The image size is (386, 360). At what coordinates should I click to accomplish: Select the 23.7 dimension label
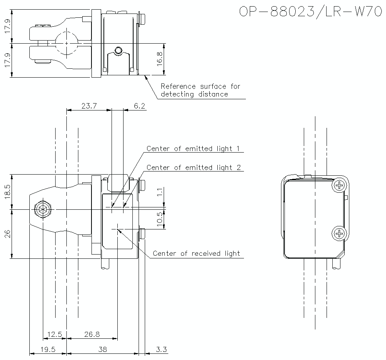click(89, 106)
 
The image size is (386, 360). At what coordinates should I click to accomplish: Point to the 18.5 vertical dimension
click(8, 192)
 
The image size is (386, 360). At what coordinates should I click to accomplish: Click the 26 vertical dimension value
click(8, 234)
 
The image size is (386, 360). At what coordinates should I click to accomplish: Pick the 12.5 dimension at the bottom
click(54, 335)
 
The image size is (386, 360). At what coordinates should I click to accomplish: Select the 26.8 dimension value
click(92, 335)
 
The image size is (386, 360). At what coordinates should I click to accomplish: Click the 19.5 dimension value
click(48, 350)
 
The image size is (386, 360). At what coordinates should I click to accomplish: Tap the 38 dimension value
click(102, 350)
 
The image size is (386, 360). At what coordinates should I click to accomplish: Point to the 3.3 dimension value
click(161, 350)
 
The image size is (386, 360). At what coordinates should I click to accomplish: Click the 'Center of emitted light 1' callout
click(195, 149)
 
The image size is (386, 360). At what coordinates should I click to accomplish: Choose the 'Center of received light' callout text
click(196, 254)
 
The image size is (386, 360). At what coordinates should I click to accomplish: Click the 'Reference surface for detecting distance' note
click(200, 90)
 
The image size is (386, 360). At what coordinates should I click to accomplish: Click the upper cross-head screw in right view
click(339, 186)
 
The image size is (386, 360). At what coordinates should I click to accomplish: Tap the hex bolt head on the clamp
click(42, 210)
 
